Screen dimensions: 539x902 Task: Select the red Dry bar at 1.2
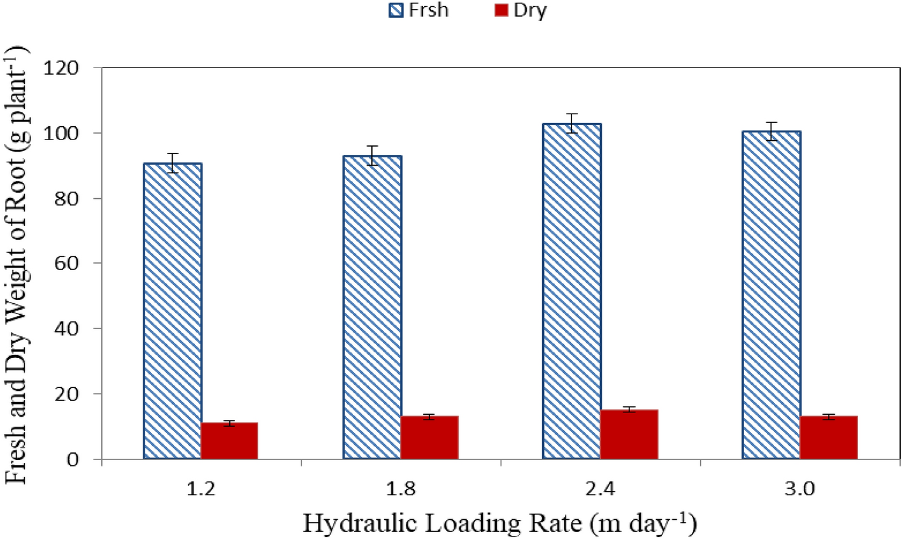[x=229, y=440]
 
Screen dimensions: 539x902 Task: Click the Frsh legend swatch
[x=397, y=11]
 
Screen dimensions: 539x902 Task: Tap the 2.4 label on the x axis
[x=600, y=489]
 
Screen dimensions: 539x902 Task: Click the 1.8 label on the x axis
[x=401, y=489]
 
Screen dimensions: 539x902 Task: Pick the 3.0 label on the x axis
[x=799, y=489]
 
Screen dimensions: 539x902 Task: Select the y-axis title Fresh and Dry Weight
[x=18, y=264]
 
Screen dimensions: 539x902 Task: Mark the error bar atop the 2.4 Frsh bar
[x=572, y=123]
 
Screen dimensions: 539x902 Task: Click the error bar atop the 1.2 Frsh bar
[x=173, y=163]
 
